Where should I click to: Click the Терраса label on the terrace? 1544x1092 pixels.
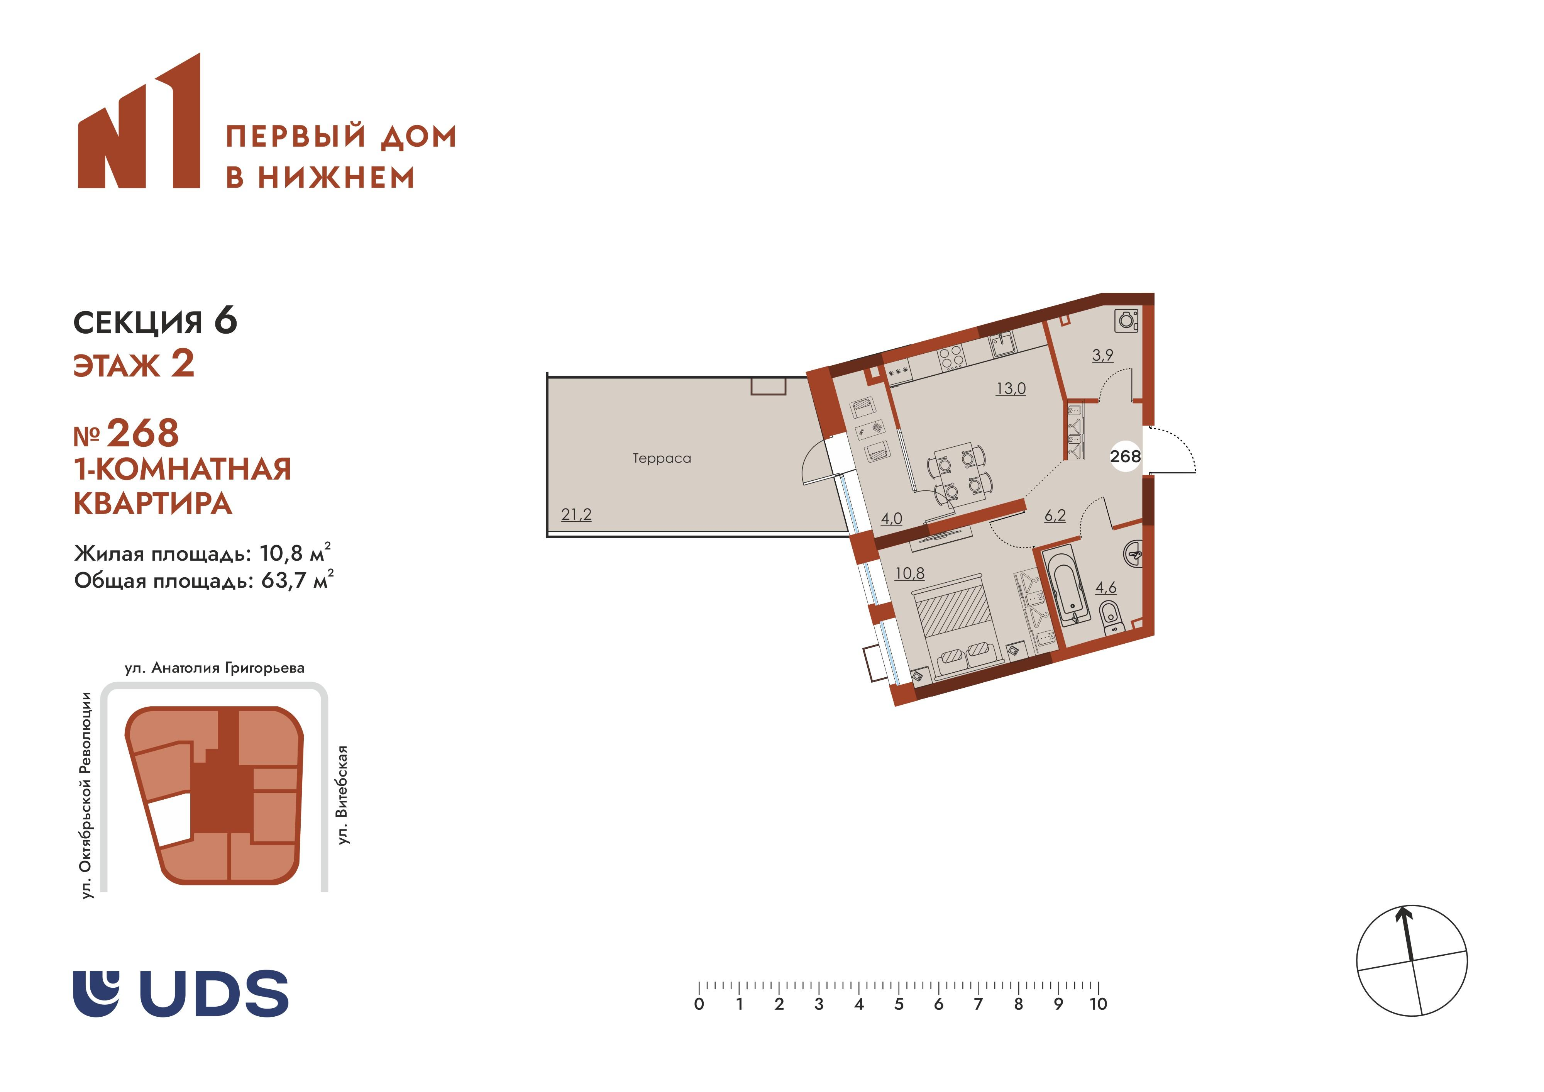661,458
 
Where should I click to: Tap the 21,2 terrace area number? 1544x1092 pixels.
576,515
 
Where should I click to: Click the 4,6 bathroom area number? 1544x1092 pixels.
1106,587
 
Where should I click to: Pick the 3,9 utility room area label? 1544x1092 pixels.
1103,354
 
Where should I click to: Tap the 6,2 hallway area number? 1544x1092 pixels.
1055,515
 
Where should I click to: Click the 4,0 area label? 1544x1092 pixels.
892,519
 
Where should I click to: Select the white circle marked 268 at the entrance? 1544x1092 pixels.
1125,456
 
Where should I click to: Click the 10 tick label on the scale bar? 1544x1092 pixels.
1098,1004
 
